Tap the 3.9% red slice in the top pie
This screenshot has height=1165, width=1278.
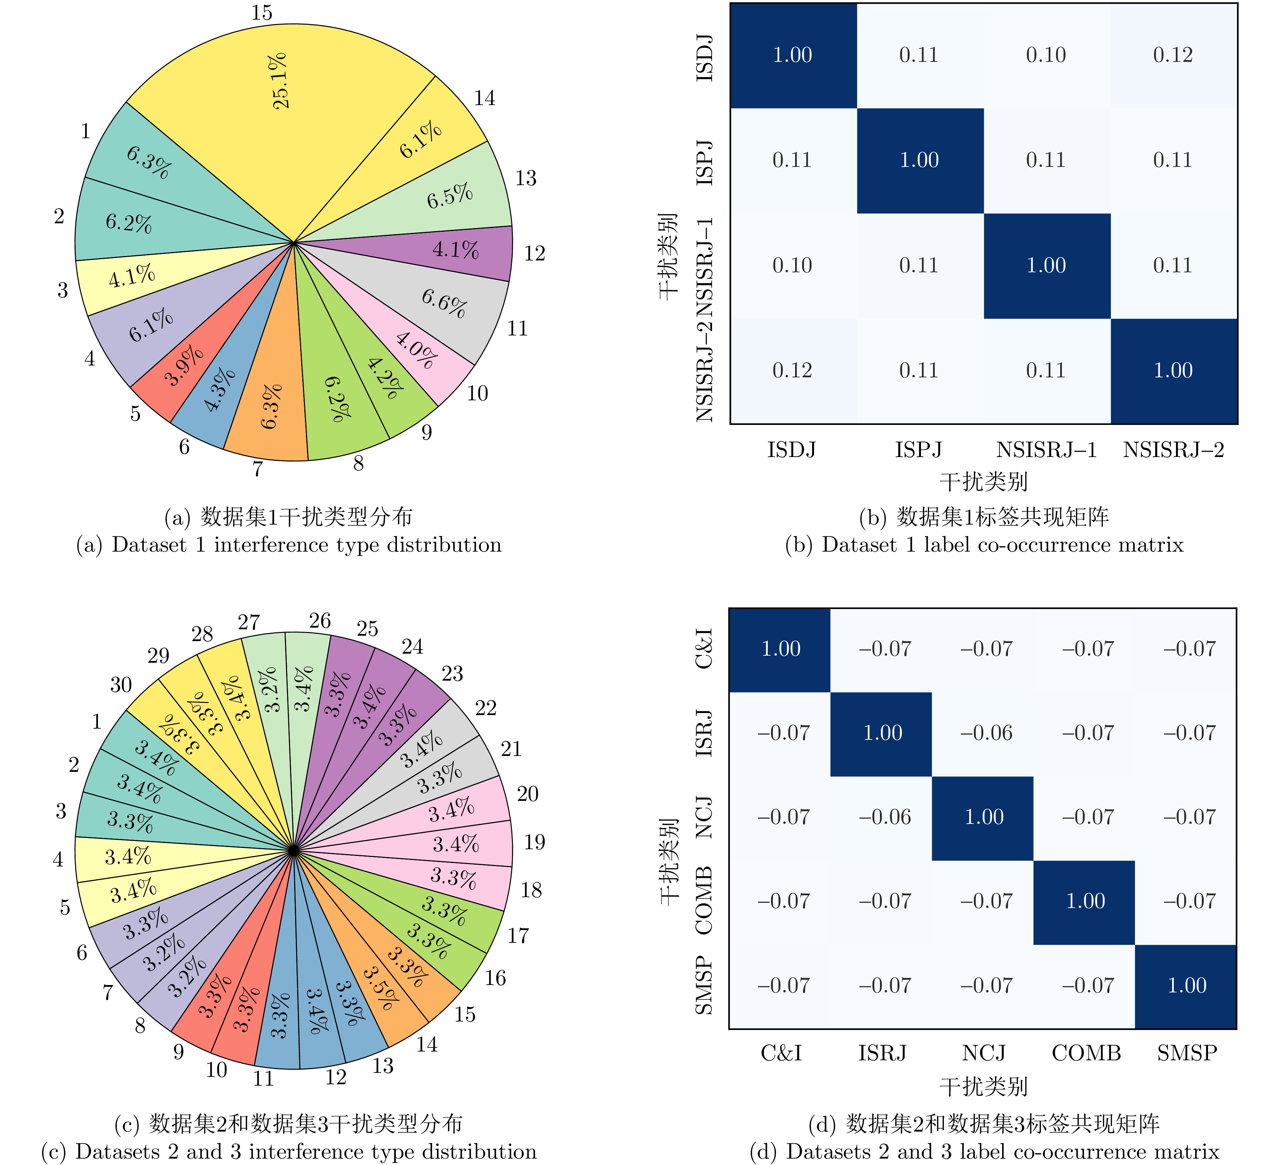tap(184, 366)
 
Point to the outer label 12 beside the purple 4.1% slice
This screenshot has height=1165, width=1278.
tap(535, 253)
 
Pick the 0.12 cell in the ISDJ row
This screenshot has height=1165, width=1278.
tap(1173, 55)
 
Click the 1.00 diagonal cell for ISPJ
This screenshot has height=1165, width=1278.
tap(919, 160)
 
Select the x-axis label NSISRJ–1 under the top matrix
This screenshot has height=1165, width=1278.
tap(1046, 450)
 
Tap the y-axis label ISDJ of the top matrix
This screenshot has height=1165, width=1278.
tap(705, 58)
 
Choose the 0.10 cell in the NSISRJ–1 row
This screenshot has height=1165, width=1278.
tap(792, 265)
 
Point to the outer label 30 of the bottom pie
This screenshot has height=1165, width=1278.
tap(121, 685)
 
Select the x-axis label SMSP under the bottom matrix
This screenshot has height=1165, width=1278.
tap(1187, 1053)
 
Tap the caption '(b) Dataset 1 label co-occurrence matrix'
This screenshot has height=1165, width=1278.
tap(984, 545)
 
